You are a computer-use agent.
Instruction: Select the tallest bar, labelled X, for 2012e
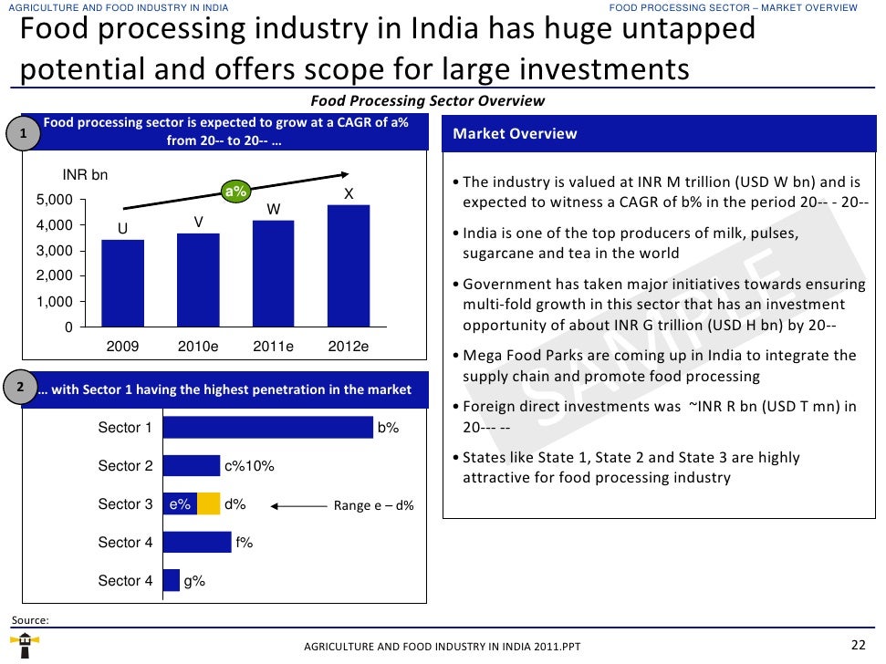click(349, 265)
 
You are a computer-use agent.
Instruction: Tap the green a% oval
click(236, 192)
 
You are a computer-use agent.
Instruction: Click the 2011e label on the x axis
click(273, 347)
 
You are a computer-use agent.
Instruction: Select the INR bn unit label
click(85, 175)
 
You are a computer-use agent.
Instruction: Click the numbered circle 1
click(24, 135)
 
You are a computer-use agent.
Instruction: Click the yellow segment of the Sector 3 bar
click(209, 504)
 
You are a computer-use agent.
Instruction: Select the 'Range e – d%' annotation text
click(373, 505)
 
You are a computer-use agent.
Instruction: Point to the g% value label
click(194, 581)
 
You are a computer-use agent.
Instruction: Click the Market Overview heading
click(515, 134)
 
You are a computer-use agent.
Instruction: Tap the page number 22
click(857, 645)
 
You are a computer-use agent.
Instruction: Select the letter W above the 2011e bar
click(273, 210)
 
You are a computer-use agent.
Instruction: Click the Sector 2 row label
click(125, 466)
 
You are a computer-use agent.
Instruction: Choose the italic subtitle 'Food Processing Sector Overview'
click(427, 101)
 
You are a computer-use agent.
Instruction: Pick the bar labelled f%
click(197, 543)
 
